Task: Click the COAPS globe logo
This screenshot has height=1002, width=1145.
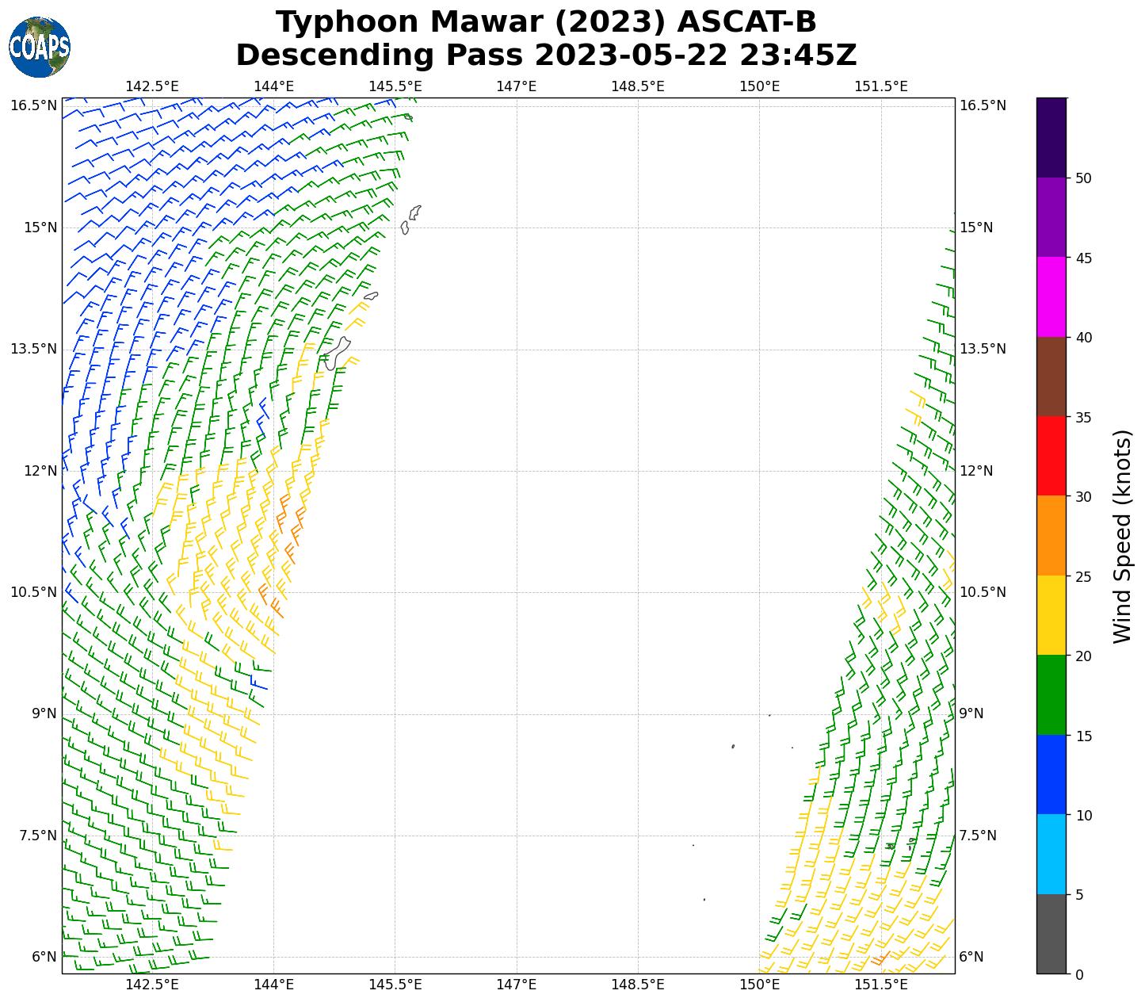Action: [39, 47]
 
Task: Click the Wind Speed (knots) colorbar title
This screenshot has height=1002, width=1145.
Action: [1122, 536]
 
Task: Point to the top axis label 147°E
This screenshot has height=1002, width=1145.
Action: [517, 86]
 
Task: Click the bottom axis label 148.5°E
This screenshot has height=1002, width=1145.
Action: [638, 985]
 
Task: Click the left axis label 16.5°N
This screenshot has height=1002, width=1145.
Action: [34, 105]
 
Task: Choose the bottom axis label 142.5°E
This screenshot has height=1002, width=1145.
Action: [152, 985]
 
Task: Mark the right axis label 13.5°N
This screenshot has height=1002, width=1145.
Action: [983, 349]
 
